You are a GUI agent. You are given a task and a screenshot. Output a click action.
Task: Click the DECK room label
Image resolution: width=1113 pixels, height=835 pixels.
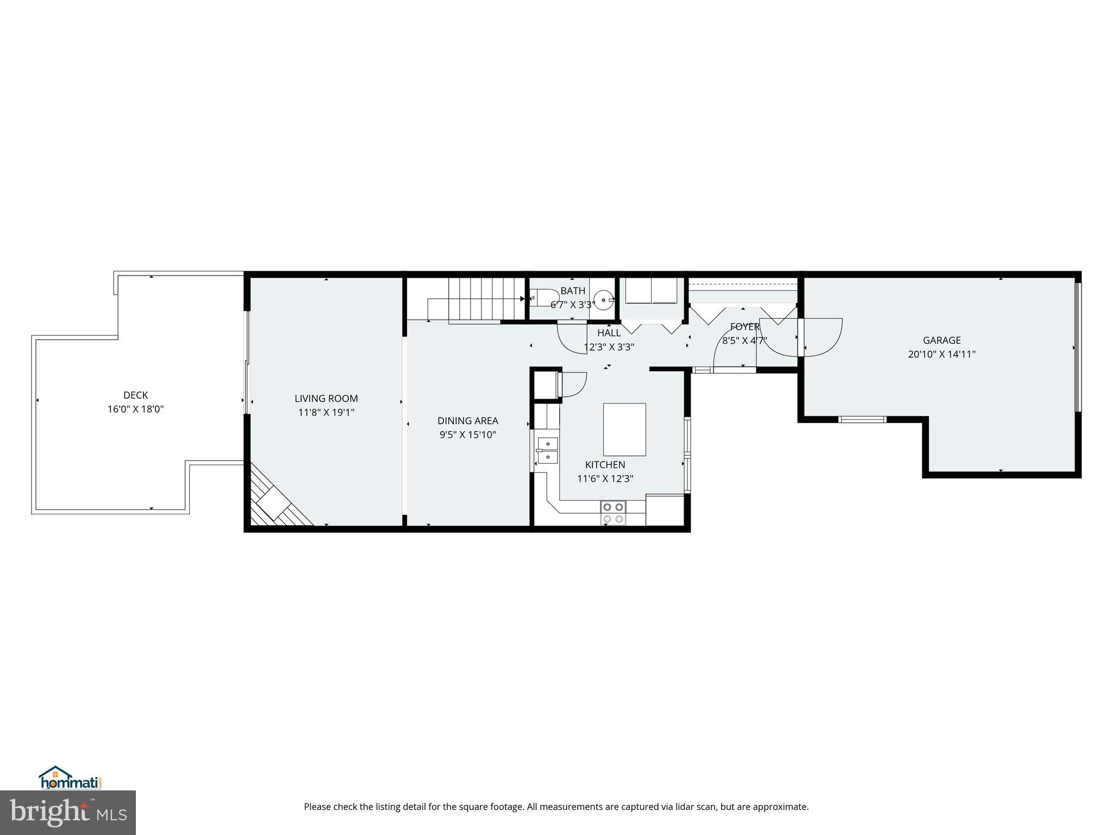[x=135, y=395]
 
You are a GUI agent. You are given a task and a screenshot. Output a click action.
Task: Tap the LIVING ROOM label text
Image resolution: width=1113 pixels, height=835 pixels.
[x=326, y=398]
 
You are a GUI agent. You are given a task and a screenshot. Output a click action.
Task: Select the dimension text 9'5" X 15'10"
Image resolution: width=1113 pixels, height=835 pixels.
[x=467, y=434]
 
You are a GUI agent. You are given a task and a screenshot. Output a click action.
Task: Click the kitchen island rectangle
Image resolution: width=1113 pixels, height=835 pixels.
[x=624, y=429]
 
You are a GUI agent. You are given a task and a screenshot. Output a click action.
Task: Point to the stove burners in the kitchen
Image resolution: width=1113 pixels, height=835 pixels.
[x=613, y=513]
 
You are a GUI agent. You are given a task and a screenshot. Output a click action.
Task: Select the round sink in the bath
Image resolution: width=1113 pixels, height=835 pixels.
[x=604, y=300]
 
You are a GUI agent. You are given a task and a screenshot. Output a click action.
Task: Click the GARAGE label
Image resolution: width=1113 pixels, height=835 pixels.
[x=941, y=340]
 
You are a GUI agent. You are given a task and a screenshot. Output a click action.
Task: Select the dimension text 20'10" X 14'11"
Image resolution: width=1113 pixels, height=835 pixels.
[x=941, y=354]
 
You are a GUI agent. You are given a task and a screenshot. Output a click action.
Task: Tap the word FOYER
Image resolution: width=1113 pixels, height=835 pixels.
[x=745, y=327]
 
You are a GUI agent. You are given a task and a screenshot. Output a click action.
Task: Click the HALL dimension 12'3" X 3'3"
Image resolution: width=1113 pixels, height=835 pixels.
[x=609, y=347]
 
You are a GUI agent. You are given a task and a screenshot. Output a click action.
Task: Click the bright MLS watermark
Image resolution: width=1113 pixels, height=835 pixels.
[x=68, y=812]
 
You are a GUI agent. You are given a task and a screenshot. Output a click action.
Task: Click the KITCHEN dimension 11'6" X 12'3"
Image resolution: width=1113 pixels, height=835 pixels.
[x=605, y=478]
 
